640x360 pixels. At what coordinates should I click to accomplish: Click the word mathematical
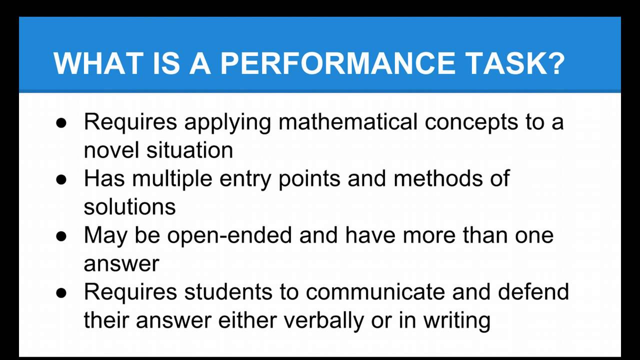[x=347, y=121]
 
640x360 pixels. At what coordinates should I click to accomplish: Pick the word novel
[x=111, y=149]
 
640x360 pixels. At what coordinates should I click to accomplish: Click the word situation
[x=189, y=149]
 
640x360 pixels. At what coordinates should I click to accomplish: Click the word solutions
[x=129, y=206]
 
